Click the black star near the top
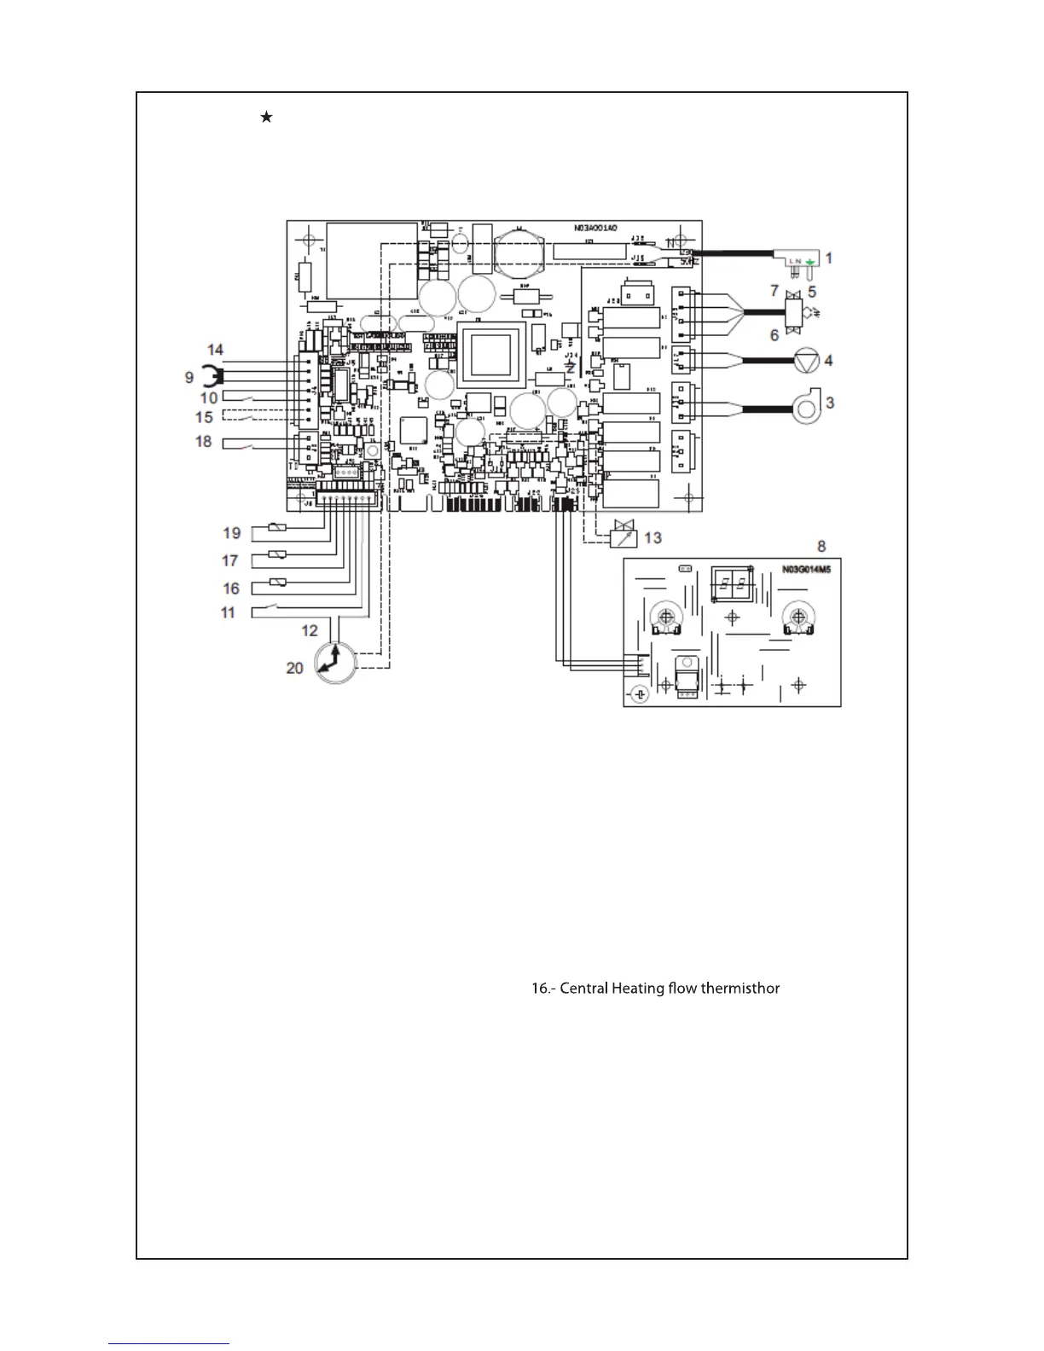[x=266, y=117]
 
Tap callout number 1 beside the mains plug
[x=828, y=258]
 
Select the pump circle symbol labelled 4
[x=806, y=361]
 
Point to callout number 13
[x=652, y=537]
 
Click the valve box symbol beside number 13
[x=623, y=536]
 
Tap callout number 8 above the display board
[x=821, y=546]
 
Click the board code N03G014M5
[x=806, y=569]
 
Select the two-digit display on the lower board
[x=732, y=585]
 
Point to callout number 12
[x=310, y=630]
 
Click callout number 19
[x=232, y=533]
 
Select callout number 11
[x=228, y=612]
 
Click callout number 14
[x=215, y=350]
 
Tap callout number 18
[x=203, y=441]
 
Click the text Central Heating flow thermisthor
[x=655, y=989]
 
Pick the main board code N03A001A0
[x=595, y=229]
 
